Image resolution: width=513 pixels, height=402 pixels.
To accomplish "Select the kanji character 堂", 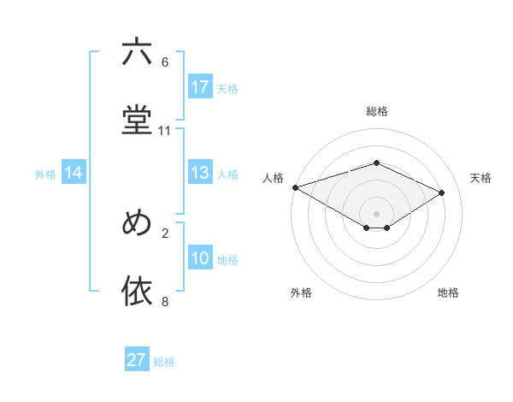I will click(137, 120).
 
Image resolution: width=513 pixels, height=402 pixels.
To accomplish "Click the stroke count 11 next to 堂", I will click(165, 131).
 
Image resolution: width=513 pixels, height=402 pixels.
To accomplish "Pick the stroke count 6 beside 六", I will click(165, 62).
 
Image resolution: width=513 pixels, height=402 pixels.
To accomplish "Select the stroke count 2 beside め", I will click(165, 233).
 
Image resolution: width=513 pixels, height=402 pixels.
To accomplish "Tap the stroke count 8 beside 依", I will click(165, 301).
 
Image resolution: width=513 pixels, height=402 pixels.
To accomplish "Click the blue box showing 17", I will click(200, 87).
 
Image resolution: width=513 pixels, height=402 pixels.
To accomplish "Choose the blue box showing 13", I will click(200, 174).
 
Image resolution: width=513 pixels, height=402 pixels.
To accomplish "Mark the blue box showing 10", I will click(200, 258).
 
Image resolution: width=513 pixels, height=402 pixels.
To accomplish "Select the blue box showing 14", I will click(74, 174).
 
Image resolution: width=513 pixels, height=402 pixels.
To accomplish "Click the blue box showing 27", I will click(137, 360).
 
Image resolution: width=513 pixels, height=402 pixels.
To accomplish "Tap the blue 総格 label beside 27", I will click(165, 362).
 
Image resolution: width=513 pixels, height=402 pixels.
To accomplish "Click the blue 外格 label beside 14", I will click(45, 174).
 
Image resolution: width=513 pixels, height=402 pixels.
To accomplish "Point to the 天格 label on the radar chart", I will click(481, 178).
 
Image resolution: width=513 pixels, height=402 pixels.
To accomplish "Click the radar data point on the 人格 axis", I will click(295, 187).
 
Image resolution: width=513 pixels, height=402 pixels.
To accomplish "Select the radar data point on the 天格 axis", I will click(442, 192).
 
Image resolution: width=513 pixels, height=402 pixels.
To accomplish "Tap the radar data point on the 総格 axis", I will click(376, 163).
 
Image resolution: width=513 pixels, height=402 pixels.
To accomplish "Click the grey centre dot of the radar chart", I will click(376, 213).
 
